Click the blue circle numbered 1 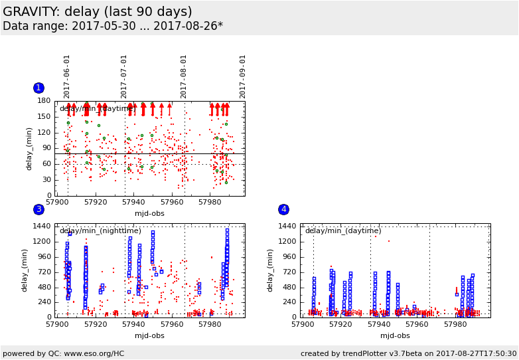pyautogui.click(x=38, y=88)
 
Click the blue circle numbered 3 pyautogui.click(x=38, y=210)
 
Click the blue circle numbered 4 pyautogui.click(x=283, y=210)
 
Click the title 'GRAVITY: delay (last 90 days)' pyautogui.click(x=98, y=12)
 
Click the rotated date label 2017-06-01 pyautogui.click(x=68, y=76)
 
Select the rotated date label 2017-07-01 pyautogui.click(x=125, y=76)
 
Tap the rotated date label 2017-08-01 pyautogui.click(x=185, y=76)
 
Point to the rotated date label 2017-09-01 pyautogui.click(x=243, y=76)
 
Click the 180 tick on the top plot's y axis pyautogui.click(x=44, y=101)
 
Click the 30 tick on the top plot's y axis pyautogui.click(x=46, y=180)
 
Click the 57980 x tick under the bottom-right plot pyautogui.click(x=455, y=323)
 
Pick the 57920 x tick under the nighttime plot pyautogui.click(x=96, y=323)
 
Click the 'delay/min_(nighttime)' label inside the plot pyautogui.click(x=100, y=231)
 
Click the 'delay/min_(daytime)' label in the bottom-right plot pyautogui.click(x=343, y=231)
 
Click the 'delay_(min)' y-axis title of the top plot pyautogui.click(x=29, y=149)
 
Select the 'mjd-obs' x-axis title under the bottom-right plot pyautogui.click(x=395, y=335)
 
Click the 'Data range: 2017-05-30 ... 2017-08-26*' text pyautogui.click(x=113, y=27)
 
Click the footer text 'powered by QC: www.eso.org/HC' pyautogui.click(x=64, y=353)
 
